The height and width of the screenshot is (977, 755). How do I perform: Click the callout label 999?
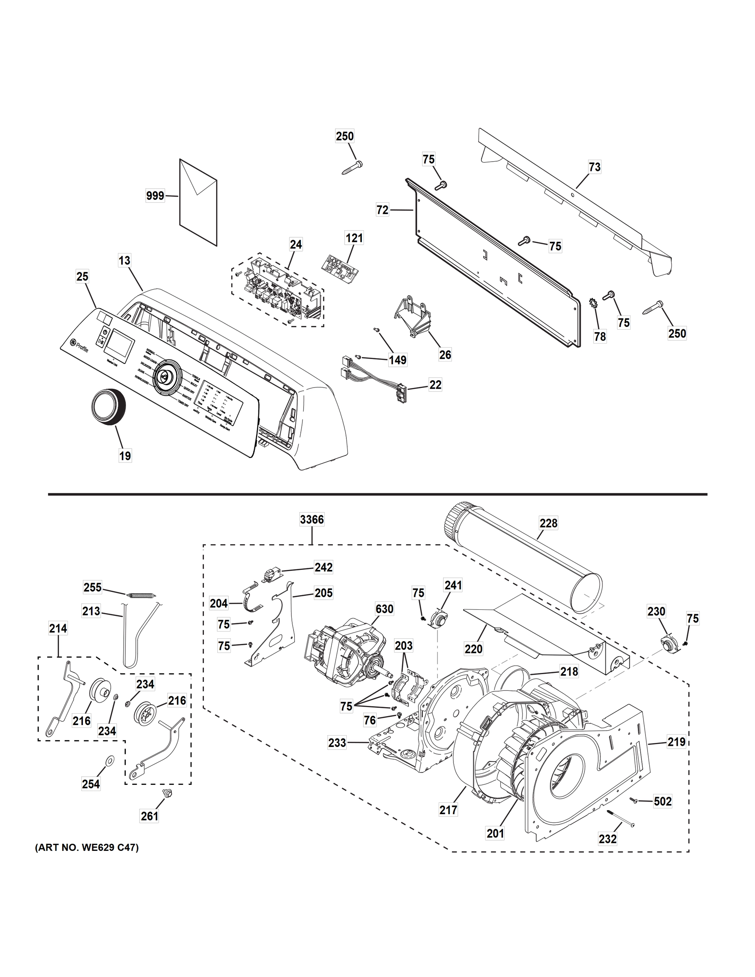tap(155, 195)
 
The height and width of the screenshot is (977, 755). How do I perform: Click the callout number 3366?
tap(312, 520)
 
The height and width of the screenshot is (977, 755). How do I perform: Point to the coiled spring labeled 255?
tap(141, 594)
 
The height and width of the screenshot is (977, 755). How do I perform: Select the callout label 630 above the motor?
tap(384, 609)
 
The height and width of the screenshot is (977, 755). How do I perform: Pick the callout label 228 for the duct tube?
tap(548, 523)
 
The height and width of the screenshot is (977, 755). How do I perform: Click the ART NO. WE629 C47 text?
tap(87, 847)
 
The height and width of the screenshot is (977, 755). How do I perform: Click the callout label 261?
tap(149, 816)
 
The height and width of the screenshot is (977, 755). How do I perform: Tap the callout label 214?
tap(58, 629)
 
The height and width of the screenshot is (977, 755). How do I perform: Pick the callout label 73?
tap(594, 167)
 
